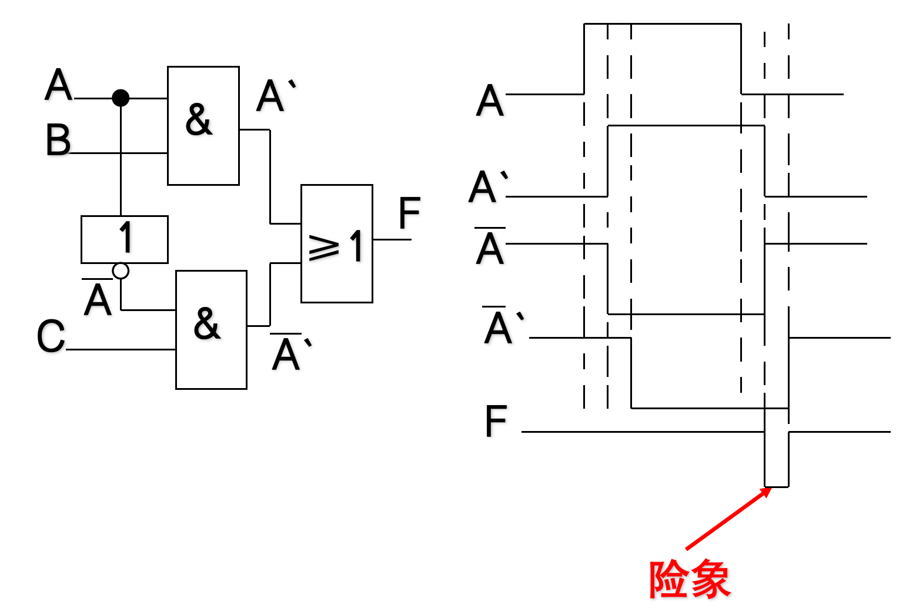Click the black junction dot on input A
(121, 98)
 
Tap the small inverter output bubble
(121, 270)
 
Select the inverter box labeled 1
(125, 239)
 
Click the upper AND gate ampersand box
(203, 125)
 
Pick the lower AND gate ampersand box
(211, 329)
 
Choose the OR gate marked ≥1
(336, 243)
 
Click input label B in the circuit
(58, 141)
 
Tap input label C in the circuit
(51, 337)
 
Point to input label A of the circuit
(58, 86)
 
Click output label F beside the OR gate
(409, 213)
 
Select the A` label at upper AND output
(275, 96)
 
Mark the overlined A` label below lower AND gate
(289, 353)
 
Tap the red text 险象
(689, 579)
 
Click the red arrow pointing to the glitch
(728, 519)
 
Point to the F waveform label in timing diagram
(496, 422)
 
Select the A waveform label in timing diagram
(490, 101)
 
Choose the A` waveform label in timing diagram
(487, 187)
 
